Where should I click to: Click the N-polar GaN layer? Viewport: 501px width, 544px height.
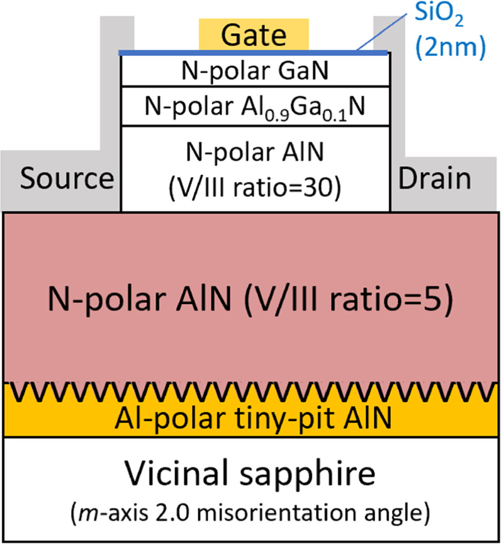coord(254,71)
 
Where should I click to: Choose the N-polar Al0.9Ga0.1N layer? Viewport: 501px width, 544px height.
coord(254,107)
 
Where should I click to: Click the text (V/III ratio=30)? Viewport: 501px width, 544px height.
coord(254,188)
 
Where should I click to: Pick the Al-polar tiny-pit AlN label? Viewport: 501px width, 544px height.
coord(251,417)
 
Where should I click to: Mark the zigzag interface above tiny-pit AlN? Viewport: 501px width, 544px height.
coord(251,392)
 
